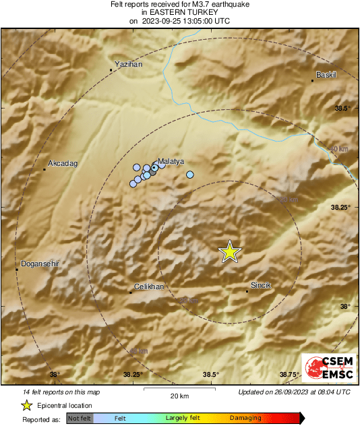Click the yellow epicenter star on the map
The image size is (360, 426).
tap(230, 251)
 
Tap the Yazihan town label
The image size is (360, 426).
tap(129, 63)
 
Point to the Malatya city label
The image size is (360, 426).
tap(171, 162)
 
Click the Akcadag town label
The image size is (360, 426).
tap(63, 163)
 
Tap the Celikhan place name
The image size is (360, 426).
tap(149, 286)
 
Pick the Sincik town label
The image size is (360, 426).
tap(261, 285)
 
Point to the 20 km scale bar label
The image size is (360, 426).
tap(179, 396)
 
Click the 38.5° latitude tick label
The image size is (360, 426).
tap(344, 108)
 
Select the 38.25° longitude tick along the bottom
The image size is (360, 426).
tap(133, 375)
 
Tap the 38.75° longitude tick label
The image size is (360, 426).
tap(289, 375)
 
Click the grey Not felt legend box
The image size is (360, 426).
tap(80, 419)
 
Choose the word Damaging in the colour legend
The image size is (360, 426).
tap(245, 419)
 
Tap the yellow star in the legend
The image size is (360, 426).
tap(26, 405)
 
